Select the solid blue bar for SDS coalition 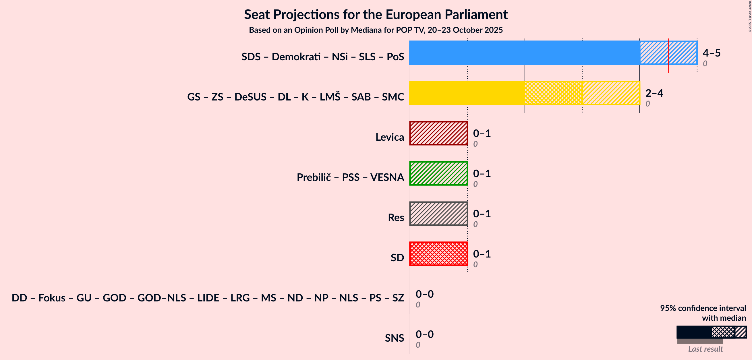coord(524,53)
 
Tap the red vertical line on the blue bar coord(668,55)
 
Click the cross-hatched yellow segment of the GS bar coord(553,93)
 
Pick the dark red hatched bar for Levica coord(438,133)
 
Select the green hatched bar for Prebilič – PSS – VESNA coord(438,173)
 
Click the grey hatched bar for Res coord(438,214)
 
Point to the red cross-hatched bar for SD coord(438,254)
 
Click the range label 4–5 coord(712,53)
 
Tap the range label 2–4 coord(654,93)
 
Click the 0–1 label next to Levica coord(482,133)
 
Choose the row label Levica coord(389,137)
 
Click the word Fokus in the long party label coord(52,298)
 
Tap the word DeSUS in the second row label coord(250,97)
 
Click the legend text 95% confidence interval coord(703,308)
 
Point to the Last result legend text coord(705,349)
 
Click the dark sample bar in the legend coord(694,332)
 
